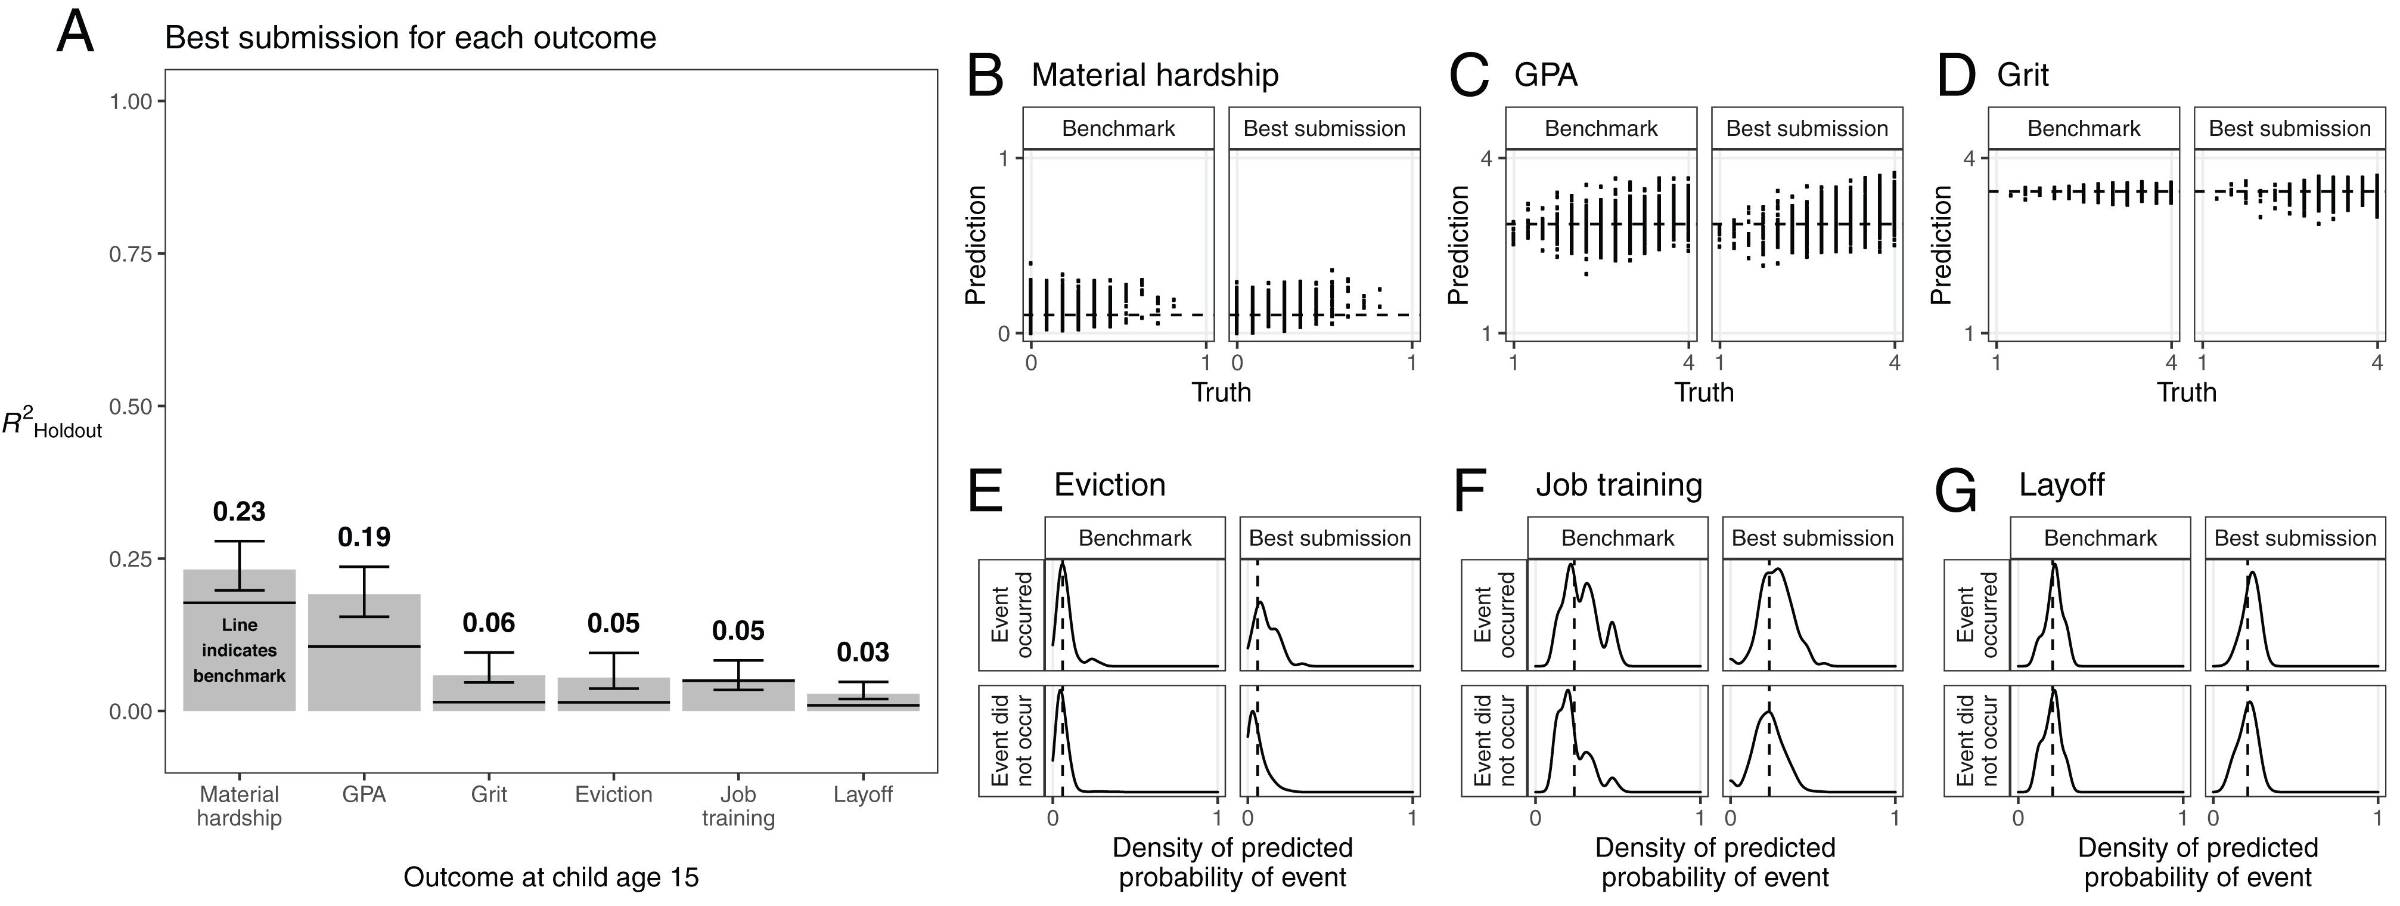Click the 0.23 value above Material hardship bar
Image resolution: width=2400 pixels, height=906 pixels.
(x=240, y=512)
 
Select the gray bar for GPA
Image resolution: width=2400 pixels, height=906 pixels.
(x=364, y=653)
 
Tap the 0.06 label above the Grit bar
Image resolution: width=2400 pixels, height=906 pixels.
(x=489, y=623)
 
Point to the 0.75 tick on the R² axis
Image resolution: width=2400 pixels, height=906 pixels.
(x=131, y=253)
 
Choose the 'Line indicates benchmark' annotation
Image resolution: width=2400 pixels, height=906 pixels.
(x=240, y=650)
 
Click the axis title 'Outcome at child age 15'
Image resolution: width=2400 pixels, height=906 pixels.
(x=551, y=878)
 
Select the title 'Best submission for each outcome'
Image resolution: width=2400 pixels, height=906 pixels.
(x=411, y=38)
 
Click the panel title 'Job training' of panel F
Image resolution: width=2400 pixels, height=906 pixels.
(x=1619, y=486)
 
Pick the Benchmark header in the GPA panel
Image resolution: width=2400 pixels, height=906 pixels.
(x=1601, y=129)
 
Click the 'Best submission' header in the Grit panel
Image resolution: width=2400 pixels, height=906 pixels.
(x=2290, y=129)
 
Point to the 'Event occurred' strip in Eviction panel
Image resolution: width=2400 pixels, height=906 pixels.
(x=1012, y=614)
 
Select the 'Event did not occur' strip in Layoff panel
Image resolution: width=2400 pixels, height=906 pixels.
(x=1977, y=741)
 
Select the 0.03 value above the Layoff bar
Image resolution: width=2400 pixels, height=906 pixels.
(x=863, y=653)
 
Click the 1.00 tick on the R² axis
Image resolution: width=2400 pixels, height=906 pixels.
(x=131, y=101)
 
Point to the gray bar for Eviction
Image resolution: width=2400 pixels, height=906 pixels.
(x=614, y=694)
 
